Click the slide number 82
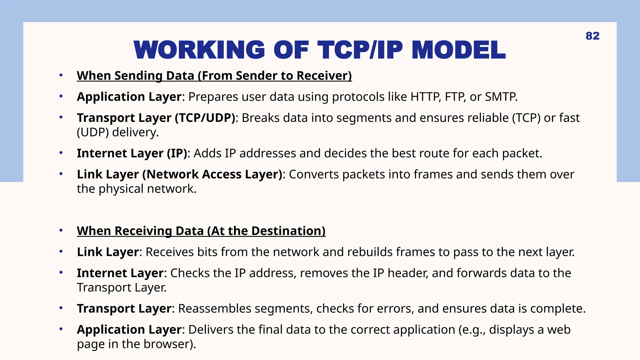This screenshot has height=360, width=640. click(592, 36)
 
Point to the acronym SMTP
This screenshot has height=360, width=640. click(501, 97)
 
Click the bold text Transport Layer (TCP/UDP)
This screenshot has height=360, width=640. click(156, 118)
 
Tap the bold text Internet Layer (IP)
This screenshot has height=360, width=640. click(132, 153)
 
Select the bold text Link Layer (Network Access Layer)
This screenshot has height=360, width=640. click(180, 174)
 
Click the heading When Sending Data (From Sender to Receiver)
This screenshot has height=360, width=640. click(214, 76)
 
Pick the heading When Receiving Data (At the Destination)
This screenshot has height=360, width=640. click(201, 231)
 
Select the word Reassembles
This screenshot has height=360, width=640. click(214, 309)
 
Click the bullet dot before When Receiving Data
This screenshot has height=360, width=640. click(61, 231)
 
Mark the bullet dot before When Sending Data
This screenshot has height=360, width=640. click(61, 75)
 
